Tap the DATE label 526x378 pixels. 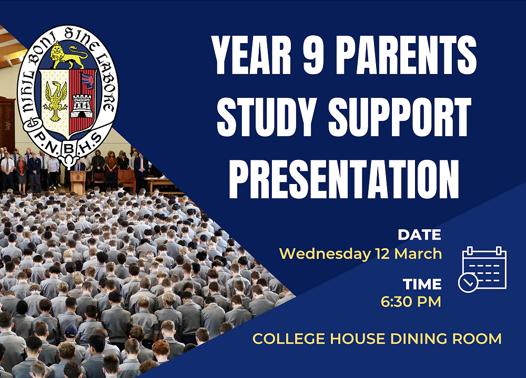419,234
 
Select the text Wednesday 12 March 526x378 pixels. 360,253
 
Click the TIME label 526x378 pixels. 422,284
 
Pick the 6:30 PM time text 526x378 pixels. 411,302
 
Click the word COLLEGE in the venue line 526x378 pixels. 285,339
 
